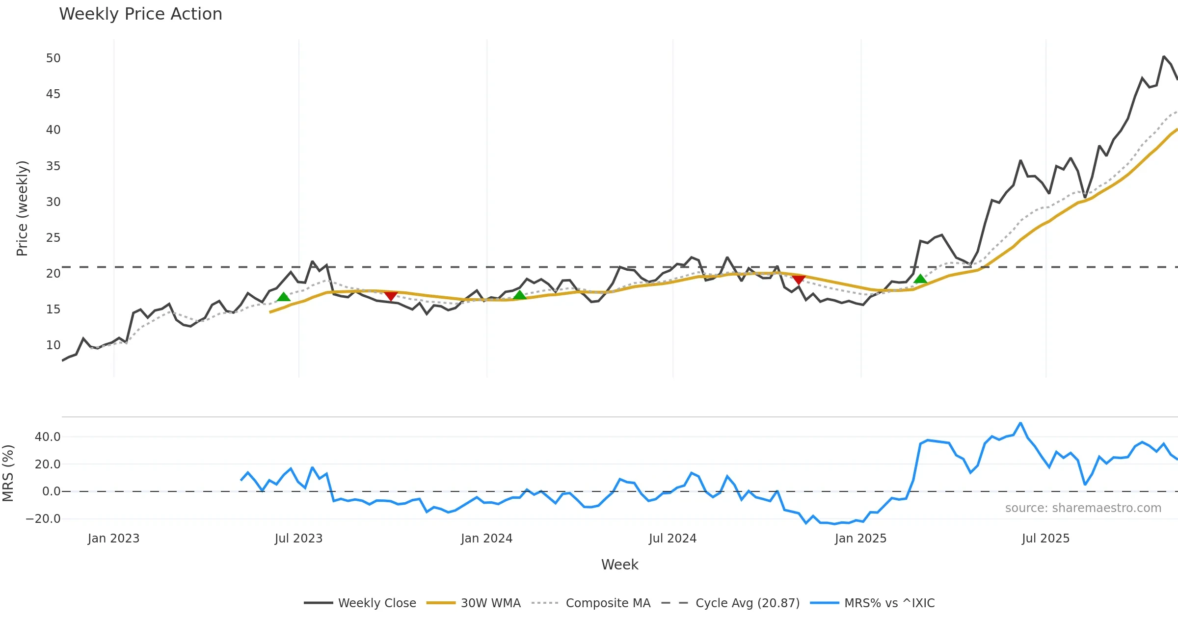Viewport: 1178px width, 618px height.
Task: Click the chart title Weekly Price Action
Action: coord(140,14)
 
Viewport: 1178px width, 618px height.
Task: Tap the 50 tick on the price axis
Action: coord(53,58)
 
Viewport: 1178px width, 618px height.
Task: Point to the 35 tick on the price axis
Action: coord(53,166)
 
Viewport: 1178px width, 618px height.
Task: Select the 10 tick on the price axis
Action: coord(53,345)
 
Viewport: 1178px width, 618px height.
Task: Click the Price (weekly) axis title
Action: coord(22,208)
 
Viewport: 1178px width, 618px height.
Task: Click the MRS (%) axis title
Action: coord(8,473)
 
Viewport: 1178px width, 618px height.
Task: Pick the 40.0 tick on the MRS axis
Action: coord(48,437)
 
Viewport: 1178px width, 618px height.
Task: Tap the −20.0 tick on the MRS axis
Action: coord(43,519)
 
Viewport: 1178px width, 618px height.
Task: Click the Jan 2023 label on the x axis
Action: coord(113,539)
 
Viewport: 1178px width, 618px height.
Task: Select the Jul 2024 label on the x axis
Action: coord(672,539)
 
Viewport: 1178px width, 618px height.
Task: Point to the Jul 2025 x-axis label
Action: coord(1045,539)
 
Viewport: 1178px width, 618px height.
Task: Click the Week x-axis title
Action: coord(619,565)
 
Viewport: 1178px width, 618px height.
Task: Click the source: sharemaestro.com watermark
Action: coord(1083,508)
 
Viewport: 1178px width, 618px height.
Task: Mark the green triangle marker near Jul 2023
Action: coord(284,297)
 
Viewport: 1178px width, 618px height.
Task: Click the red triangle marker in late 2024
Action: coord(799,280)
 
